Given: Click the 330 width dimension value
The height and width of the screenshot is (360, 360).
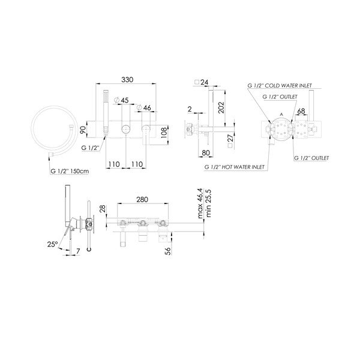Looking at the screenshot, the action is (x=127, y=80).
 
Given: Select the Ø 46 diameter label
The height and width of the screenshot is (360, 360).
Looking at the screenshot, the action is (x=144, y=107).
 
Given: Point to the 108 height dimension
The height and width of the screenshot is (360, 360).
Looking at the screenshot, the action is (x=164, y=133).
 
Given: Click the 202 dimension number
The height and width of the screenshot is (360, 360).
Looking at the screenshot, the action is (x=221, y=107).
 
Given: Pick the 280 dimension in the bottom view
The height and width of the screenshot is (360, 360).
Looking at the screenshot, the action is (x=142, y=200).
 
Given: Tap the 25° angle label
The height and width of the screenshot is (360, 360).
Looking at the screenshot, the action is (x=52, y=244).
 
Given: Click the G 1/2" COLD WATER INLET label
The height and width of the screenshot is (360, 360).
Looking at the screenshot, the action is (x=280, y=86).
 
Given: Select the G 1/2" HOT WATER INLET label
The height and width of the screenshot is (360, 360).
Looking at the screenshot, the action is (x=235, y=167).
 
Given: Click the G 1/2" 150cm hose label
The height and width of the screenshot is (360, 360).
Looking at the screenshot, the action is (x=70, y=171).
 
